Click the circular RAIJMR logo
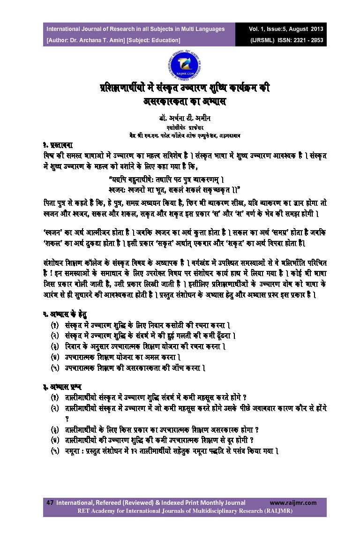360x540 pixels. (x=180, y=65)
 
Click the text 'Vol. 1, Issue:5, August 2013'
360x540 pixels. (x=286, y=29)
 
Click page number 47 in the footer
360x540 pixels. (x=50, y=502)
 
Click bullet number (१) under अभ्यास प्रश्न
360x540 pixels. (x=55, y=397)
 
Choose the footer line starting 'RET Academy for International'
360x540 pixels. (x=185, y=510)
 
